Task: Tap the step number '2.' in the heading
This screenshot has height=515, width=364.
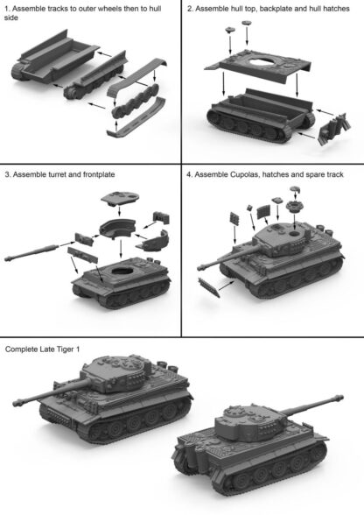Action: point(190,9)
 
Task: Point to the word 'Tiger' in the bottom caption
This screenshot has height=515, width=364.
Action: point(65,349)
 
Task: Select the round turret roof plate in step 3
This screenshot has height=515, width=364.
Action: point(120,197)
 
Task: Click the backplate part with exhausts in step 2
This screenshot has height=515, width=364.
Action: point(333,129)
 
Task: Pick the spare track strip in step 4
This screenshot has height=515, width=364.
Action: point(209,287)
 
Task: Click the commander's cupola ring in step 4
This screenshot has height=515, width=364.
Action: point(294,207)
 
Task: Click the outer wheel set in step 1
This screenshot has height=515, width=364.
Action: point(135,101)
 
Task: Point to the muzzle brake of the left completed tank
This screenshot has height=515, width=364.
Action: point(17,402)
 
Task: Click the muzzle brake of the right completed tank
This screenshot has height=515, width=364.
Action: point(338,398)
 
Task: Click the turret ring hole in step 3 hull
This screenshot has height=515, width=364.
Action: point(123,272)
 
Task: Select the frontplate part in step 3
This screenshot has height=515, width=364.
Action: point(83,256)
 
